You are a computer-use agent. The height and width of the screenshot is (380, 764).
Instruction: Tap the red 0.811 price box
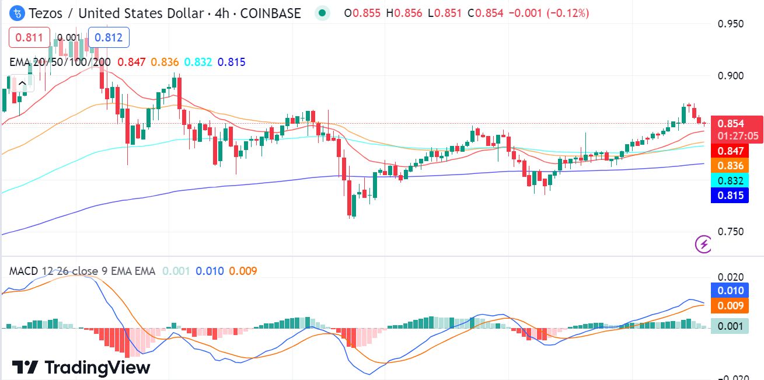[x=29, y=38]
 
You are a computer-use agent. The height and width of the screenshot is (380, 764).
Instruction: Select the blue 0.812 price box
[x=109, y=38]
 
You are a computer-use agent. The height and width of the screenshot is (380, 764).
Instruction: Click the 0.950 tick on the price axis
[x=730, y=24]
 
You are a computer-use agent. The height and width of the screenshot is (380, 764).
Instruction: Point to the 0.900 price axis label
[x=730, y=76]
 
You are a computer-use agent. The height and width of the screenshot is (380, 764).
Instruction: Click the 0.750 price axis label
[x=730, y=232]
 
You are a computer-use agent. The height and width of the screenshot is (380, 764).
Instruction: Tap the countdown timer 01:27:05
[x=738, y=136]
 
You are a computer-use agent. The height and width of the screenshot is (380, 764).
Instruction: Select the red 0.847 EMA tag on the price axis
[x=730, y=151]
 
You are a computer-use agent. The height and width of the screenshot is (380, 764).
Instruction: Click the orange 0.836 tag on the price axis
[x=730, y=166]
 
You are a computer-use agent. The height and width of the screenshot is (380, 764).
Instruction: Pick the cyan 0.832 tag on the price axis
[x=730, y=180]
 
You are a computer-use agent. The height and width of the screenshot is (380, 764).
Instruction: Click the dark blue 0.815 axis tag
[x=730, y=195]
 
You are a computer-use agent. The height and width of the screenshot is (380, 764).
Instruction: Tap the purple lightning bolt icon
[x=703, y=244]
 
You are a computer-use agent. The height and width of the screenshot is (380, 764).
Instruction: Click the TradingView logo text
[x=82, y=367]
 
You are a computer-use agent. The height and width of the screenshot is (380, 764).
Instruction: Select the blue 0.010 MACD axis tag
[x=730, y=291]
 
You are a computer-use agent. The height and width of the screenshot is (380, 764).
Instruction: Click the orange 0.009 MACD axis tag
[x=730, y=305]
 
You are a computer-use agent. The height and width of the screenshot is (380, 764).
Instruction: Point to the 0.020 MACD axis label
[x=730, y=277]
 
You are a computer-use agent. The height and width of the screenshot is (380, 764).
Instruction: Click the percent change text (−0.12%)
[x=567, y=13]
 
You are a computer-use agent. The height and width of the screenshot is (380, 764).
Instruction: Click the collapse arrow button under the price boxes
[x=22, y=83]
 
